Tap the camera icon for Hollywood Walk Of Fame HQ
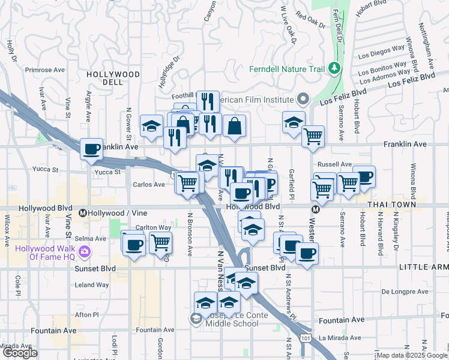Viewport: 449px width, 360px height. coord(85,250)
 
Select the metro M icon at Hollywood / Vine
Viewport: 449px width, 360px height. coord(84,213)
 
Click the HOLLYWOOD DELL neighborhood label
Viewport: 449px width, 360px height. coord(113,79)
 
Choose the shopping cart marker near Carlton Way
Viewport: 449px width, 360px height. coord(160,242)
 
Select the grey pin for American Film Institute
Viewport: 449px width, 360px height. coord(304,98)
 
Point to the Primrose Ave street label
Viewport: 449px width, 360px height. coord(44,70)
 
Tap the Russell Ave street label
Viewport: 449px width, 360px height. coord(334,164)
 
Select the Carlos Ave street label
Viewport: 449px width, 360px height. coord(148,185)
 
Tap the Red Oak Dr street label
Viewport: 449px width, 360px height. coord(310,20)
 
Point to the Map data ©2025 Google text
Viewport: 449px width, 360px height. coord(411,355)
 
